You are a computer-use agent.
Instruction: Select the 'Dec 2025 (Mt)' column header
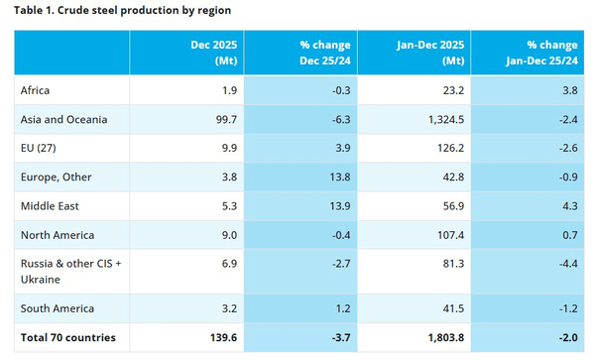214,53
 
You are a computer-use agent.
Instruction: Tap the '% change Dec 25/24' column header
325,53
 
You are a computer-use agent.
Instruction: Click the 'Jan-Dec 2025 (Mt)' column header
430,53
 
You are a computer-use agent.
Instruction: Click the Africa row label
35,90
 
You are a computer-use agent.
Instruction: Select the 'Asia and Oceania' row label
63,119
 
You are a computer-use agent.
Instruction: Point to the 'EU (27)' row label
39,148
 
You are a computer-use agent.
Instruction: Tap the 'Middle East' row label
50,206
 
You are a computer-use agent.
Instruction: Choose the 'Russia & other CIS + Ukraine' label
71,271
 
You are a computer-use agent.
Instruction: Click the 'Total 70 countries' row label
67,337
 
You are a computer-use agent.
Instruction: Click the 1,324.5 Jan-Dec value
446,119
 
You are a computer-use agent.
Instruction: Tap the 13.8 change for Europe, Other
340,178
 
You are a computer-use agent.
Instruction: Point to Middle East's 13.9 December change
340,206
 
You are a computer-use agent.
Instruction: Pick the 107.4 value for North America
451,235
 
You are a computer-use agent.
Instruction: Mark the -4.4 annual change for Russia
568,263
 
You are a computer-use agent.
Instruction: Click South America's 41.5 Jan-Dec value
453,308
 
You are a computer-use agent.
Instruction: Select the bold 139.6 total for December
223,337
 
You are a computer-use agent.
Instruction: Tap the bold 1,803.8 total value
446,337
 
